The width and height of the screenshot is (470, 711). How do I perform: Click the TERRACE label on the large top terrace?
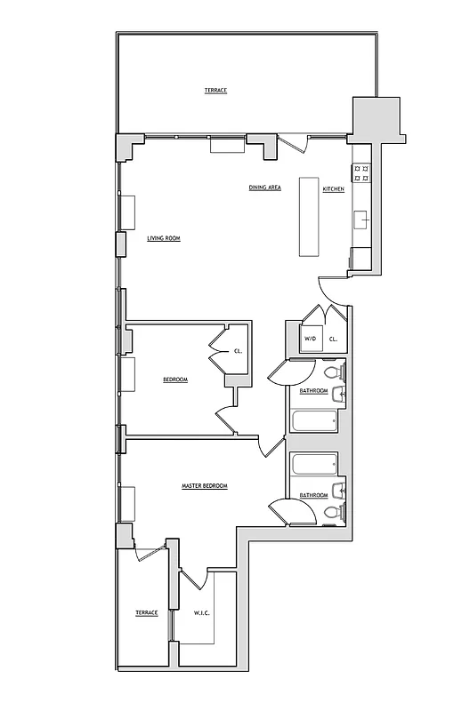pos(215,91)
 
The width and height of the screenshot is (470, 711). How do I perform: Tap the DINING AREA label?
pos(265,188)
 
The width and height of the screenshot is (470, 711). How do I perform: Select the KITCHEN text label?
pos(333,189)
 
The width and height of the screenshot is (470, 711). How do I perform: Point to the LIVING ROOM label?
pos(164,238)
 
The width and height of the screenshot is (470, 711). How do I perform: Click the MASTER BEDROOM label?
pos(205,486)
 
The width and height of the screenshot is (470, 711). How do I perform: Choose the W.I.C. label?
pos(200,612)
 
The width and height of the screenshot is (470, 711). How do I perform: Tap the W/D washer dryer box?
pos(311,339)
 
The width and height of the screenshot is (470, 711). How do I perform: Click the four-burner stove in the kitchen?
pos(362,176)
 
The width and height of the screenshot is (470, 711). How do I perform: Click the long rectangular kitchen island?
pos(309,217)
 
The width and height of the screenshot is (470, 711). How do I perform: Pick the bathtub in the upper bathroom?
pos(314,421)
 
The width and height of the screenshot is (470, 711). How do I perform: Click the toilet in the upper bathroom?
pos(331,372)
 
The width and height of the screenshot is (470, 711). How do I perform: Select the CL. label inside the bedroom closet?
pos(238,351)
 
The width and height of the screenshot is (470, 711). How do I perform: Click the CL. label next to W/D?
pos(333,339)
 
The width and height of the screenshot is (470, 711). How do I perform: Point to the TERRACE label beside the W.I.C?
pos(146,612)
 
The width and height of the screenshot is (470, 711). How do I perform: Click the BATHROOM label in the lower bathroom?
pos(313,495)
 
